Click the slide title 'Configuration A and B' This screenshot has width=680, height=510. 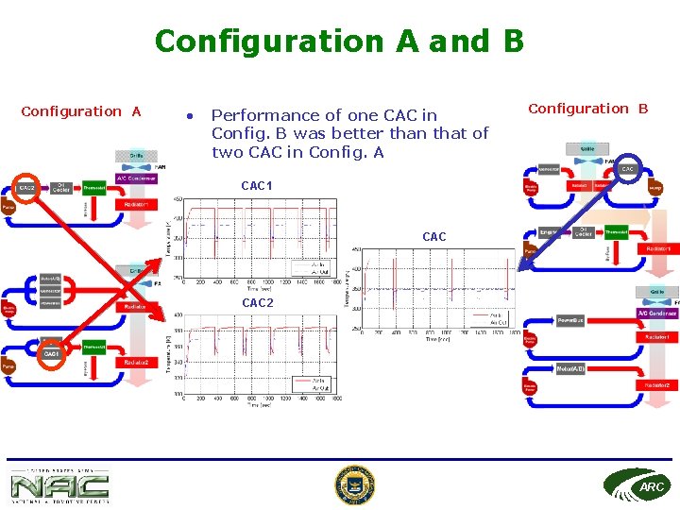coord(339,41)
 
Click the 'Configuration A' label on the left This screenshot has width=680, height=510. coord(81,111)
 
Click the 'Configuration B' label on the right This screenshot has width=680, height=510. coord(587,109)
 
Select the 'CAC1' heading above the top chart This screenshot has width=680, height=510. coord(257,186)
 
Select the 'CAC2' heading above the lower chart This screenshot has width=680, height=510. coord(257,303)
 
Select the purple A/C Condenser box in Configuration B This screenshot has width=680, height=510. coord(656,313)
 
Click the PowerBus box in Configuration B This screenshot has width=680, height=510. coord(571,320)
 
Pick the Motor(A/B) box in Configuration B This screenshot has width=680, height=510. coord(571,368)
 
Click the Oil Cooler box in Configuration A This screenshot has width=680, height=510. coord(61,187)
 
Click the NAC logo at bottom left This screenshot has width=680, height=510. coord(59,485)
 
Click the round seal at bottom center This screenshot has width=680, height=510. coord(354,485)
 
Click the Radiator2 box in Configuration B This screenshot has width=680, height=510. coord(657,383)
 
